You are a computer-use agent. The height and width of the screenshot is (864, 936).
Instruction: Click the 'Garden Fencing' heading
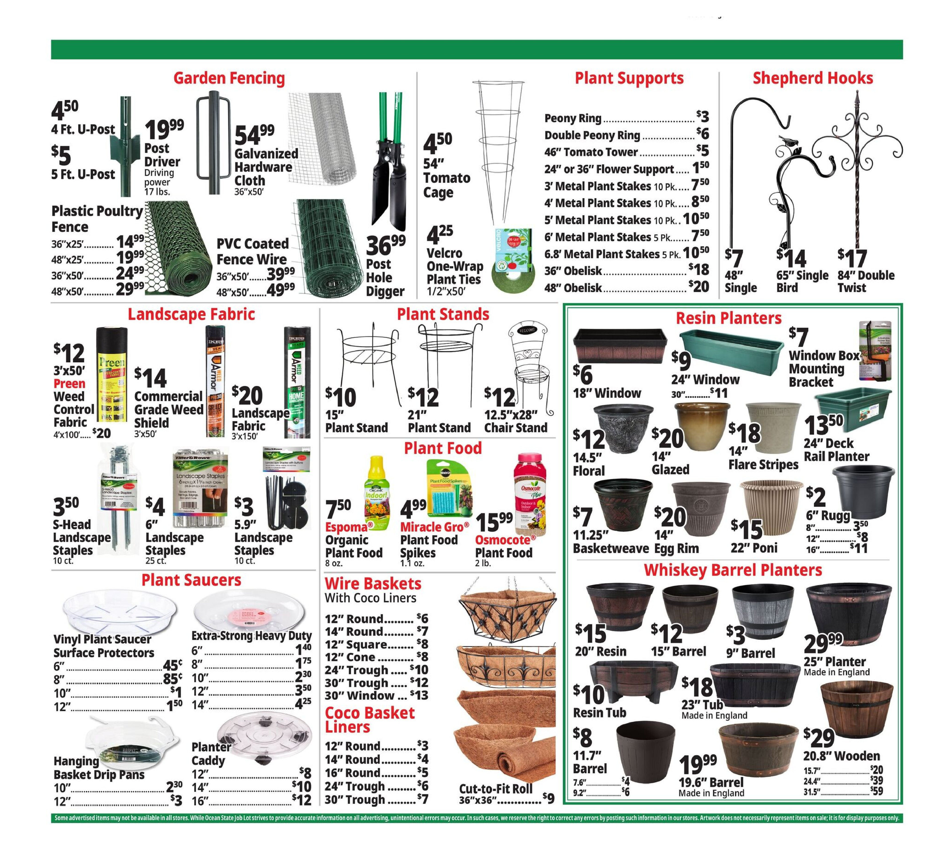click(229, 78)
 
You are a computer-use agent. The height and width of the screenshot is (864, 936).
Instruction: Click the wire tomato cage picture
click(498, 150)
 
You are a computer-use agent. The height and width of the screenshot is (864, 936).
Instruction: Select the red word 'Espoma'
click(346, 527)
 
